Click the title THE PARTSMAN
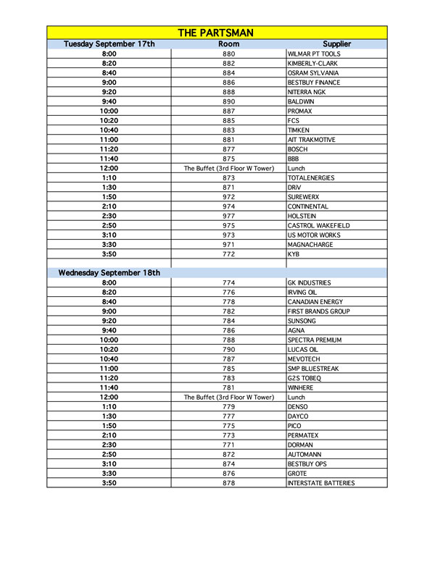point(217,33)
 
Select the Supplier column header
point(337,43)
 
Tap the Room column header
point(229,43)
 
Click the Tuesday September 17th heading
point(109,43)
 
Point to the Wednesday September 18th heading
point(109,273)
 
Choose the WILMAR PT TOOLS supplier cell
point(314,54)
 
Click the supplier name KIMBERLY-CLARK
point(313,64)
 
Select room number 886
point(229,83)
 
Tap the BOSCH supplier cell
point(299,149)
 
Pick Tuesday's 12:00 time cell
point(109,168)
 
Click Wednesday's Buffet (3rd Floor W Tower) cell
point(229,397)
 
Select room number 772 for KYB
point(229,254)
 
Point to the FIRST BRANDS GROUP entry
point(319,311)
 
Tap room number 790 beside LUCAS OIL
point(229,349)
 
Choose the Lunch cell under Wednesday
point(297,397)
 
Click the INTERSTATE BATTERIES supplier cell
point(321,482)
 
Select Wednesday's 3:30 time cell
point(109,473)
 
